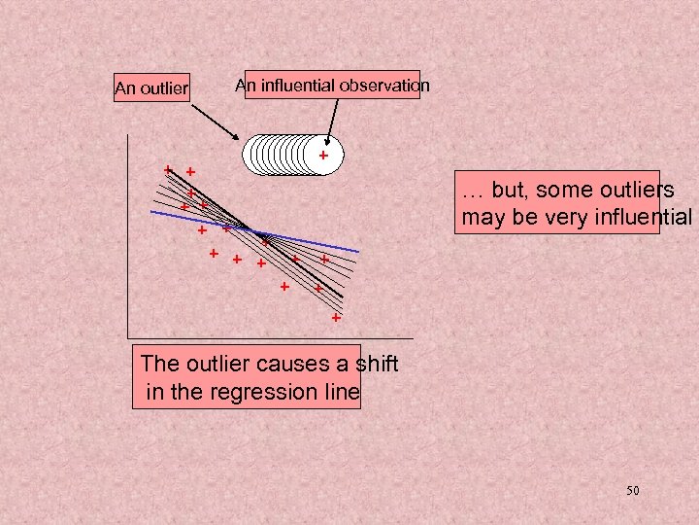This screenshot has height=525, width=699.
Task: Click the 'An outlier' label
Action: [150, 88]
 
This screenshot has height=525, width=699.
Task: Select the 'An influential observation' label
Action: [332, 86]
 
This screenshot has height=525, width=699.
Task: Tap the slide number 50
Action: [632, 491]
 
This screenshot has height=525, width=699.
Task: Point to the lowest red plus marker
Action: [336, 318]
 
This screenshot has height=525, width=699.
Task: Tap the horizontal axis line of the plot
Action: [272, 337]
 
